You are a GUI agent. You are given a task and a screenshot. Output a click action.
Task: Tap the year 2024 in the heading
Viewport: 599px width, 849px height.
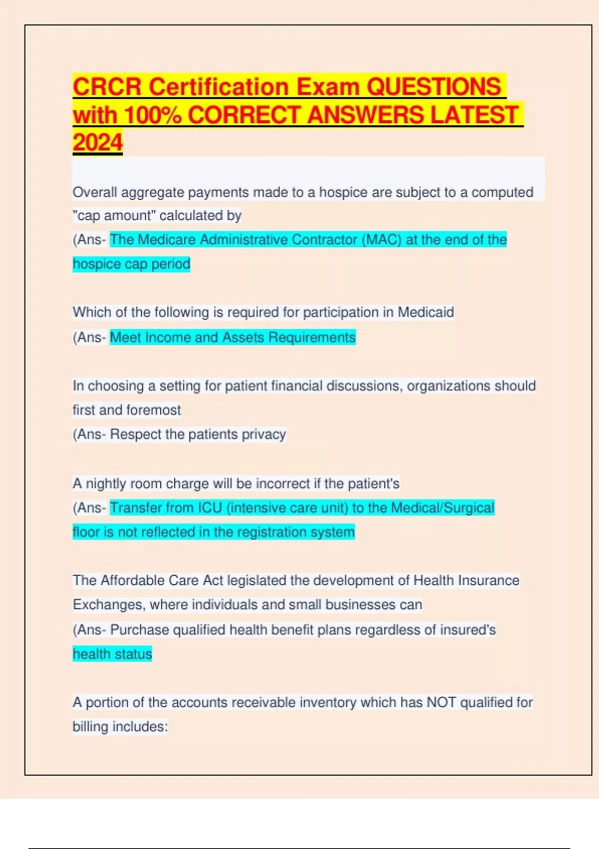pyautogui.click(x=97, y=142)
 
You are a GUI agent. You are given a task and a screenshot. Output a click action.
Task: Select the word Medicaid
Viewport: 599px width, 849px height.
pyautogui.click(x=426, y=312)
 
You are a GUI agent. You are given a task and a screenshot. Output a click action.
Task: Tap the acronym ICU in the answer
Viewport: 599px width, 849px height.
pyautogui.click(x=210, y=508)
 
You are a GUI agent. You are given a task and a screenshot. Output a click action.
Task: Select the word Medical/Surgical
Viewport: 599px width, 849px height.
pyautogui.click(x=442, y=508)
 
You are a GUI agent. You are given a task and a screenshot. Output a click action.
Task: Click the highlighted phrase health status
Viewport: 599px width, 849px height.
pyautogui.click(x=112, y=654)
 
